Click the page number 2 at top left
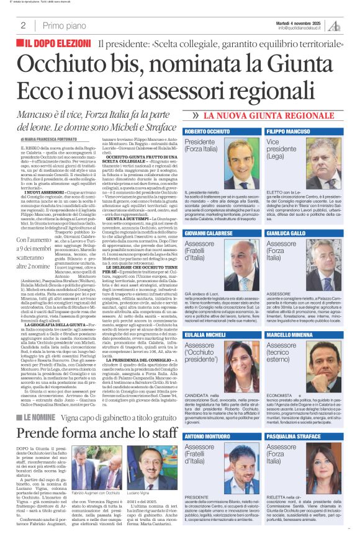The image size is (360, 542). pyautogui.click(x=23, y=25)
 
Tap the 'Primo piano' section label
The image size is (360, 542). pyautogui.click(x=61, y=25)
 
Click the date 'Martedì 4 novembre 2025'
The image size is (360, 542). pyautogui.click(x=299, y=22)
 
